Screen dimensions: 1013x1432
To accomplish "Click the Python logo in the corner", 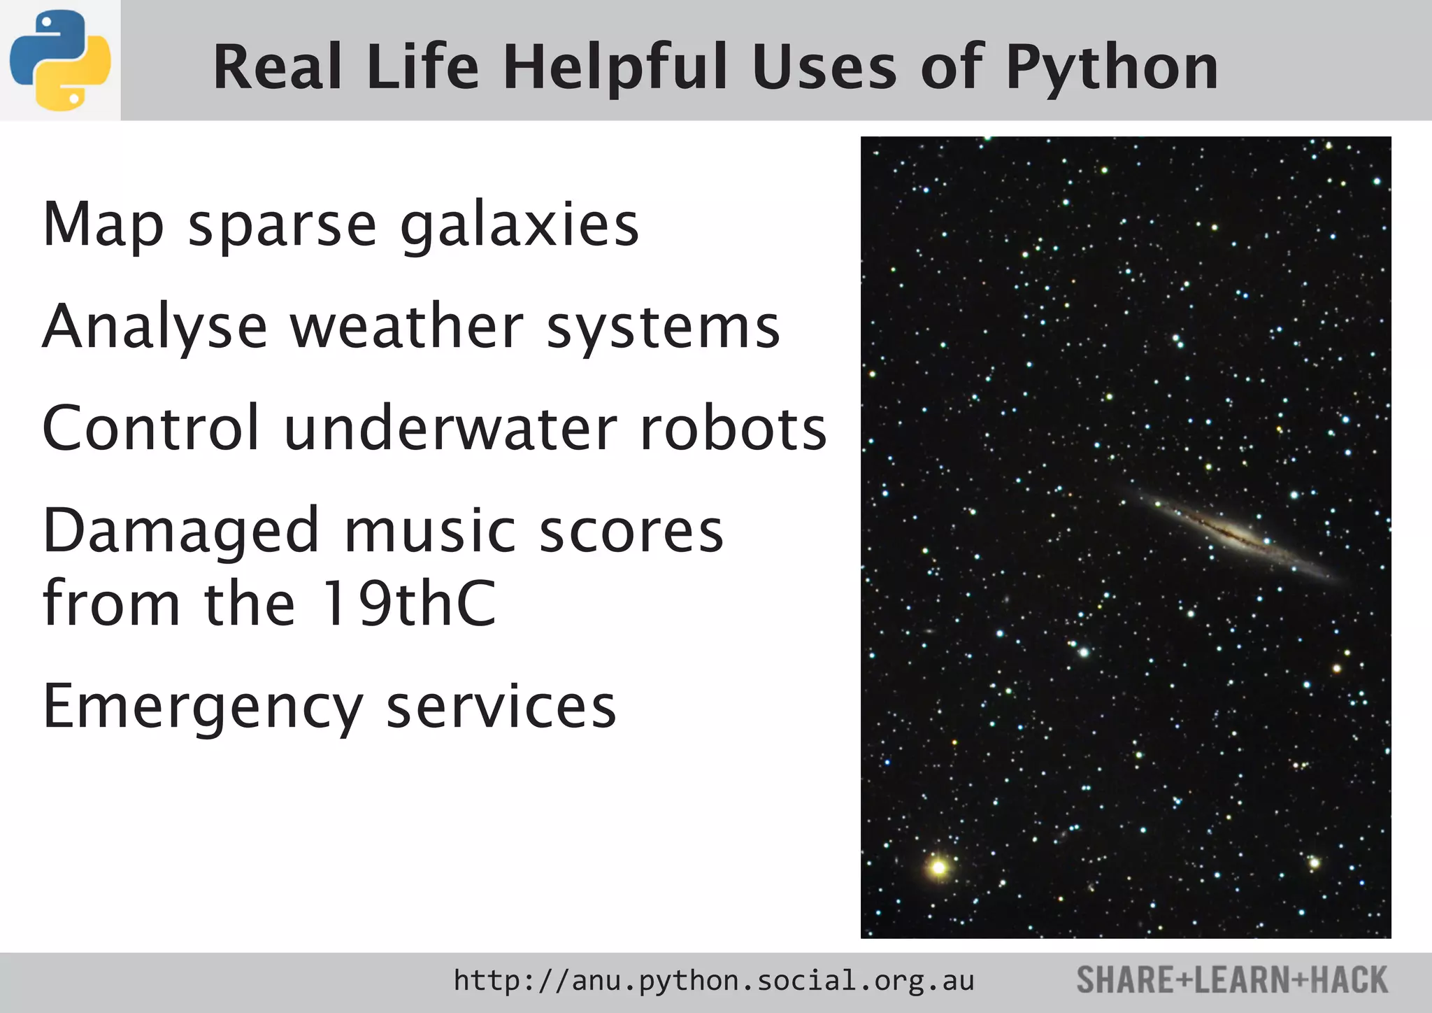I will click(60, 60).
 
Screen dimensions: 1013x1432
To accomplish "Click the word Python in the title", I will click(1112, 68).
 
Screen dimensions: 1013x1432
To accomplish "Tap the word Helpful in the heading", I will click(615, 68).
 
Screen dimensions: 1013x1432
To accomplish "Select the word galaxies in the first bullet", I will click(520, 225).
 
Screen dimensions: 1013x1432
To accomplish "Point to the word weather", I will click(406, 327).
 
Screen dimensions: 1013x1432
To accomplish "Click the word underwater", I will click(450, 428).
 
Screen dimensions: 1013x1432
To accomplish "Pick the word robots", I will click(733, 428).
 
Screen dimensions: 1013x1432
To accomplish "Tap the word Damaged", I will click(181, 531).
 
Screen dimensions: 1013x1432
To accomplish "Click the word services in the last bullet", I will click(501, 707).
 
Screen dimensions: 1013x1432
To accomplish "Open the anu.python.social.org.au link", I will click(713, 981).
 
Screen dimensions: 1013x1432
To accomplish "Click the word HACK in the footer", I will click(1349, 980).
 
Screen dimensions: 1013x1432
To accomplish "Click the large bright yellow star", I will click(938, 867).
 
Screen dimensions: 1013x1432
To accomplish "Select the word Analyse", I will click(155, 327).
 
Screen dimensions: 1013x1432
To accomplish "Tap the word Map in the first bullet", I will click(103, 225).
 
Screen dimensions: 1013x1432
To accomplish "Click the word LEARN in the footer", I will click(1241, 980).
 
